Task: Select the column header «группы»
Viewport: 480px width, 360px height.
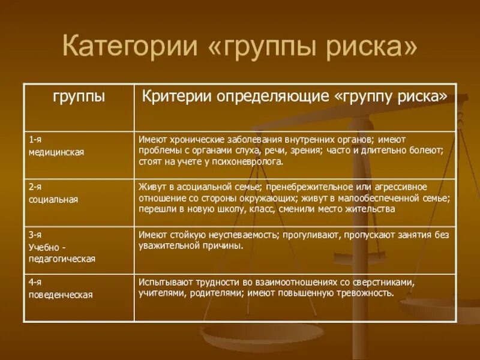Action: pos(79,97)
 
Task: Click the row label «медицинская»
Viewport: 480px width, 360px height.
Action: pos(56,152)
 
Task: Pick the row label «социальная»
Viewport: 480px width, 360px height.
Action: pos(53,199)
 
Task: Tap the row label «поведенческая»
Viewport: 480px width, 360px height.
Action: pos(61,295)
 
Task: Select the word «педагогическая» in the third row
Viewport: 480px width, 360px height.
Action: pos(62,259)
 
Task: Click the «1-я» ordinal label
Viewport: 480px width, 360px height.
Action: pos(35,139)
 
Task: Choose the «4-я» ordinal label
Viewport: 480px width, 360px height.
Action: pos(35,283)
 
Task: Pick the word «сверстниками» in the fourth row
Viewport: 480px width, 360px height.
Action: pos(383,283)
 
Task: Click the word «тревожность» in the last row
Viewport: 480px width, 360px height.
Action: pos(366,293)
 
